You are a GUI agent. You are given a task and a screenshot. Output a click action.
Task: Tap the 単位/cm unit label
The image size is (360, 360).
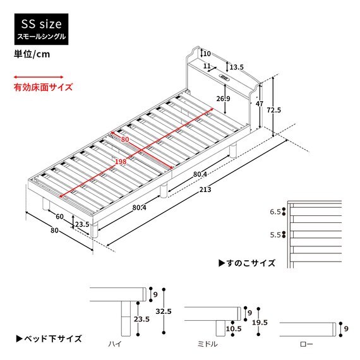tap(32, 54)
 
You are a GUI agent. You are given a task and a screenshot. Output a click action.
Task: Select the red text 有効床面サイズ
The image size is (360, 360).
tap(43, 88)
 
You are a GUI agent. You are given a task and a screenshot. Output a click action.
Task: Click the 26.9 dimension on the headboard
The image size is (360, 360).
tap(222, 99)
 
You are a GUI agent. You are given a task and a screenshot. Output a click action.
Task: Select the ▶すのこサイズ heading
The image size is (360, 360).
tap(246, 262)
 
